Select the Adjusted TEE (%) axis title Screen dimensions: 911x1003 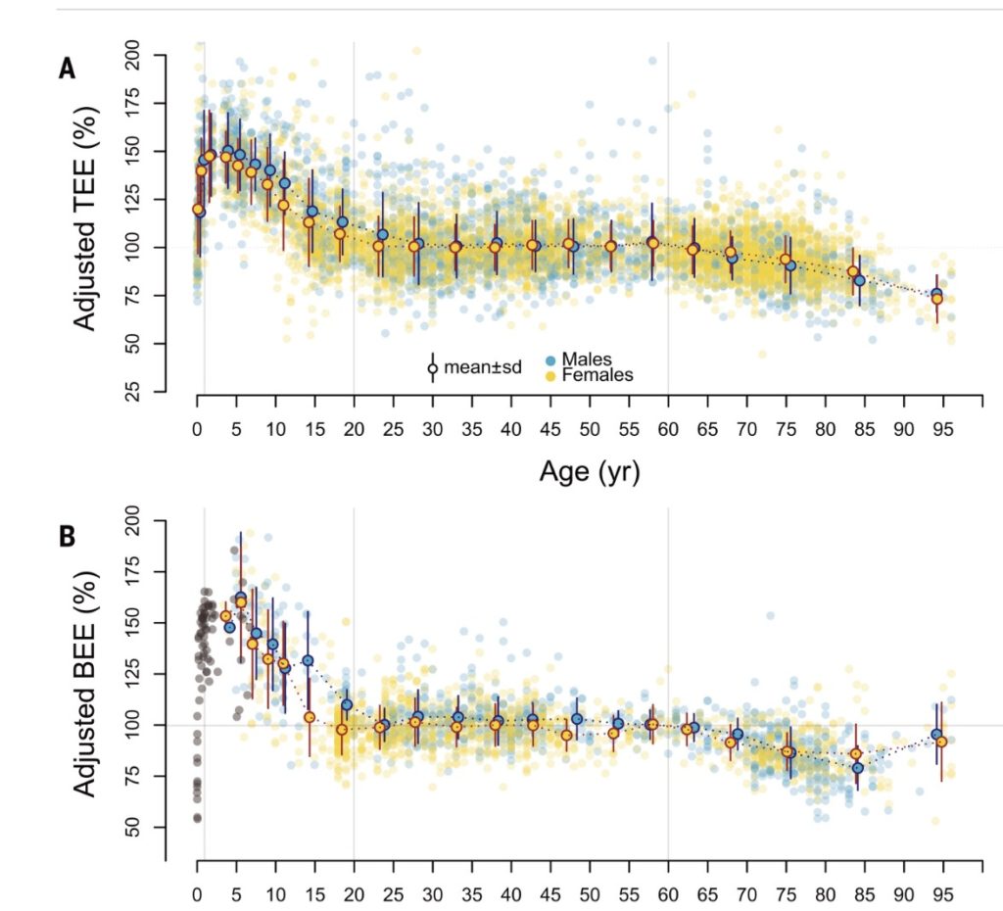pos(87,221)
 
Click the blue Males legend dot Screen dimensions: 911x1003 pos(549,360)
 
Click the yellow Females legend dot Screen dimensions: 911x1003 pos(549,375)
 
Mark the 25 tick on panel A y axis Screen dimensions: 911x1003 pos(147,393)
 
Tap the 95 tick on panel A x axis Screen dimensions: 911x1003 pos(942,428)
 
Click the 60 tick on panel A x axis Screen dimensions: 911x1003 pos(668,428)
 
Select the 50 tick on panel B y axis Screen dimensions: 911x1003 pos(147,829)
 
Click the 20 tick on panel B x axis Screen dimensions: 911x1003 pos(354,894)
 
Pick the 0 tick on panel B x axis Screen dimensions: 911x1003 pos(198,894)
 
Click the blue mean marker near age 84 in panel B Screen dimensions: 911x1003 pos(857,768)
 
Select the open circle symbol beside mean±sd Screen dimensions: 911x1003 pos(432,368)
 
